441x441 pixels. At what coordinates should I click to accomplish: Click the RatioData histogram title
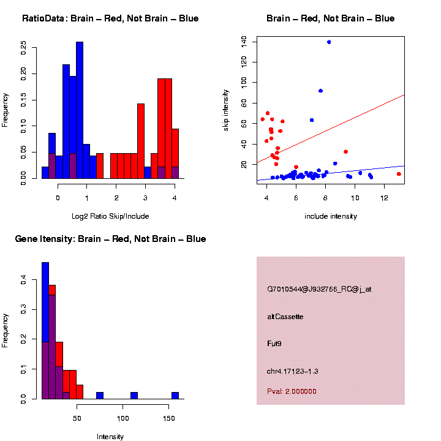click(x=110, y=18)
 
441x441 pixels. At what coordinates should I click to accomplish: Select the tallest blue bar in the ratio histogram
click(x=80, y=110)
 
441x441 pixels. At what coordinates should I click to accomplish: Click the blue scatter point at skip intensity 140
click(x=329, y=42)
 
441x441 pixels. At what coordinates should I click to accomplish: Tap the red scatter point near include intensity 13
click(x=399, y=174)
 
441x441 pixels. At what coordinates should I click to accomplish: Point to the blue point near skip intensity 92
click(x=320, y=91)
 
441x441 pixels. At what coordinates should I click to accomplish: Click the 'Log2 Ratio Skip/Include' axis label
click(x=110, y=216)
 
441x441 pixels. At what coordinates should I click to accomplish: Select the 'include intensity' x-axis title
click(x=331, y=216)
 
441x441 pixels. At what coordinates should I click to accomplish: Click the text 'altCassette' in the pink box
click(x=285, y=317)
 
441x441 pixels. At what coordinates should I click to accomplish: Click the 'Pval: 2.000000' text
click(x=292, y=391)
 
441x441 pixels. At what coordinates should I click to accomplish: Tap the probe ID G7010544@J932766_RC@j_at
click(x=319, y=289)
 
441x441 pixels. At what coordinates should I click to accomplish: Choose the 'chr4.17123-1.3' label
click(x=293, y=371)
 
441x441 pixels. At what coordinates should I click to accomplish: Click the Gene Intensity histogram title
click(x=110, y=239)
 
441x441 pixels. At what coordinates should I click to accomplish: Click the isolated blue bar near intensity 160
click(x=175, y=396)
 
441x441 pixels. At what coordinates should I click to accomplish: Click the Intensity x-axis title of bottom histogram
click(x=110, y=437)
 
